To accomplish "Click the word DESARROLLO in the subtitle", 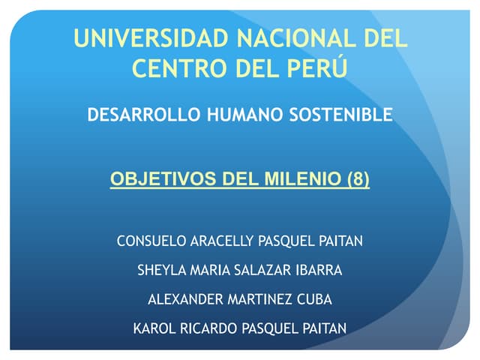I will (x=133, y=115).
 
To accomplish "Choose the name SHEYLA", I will (x=159, y=270).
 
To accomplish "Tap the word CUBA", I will (x=315, y=299).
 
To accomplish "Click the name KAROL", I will (x=151, y=328).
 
